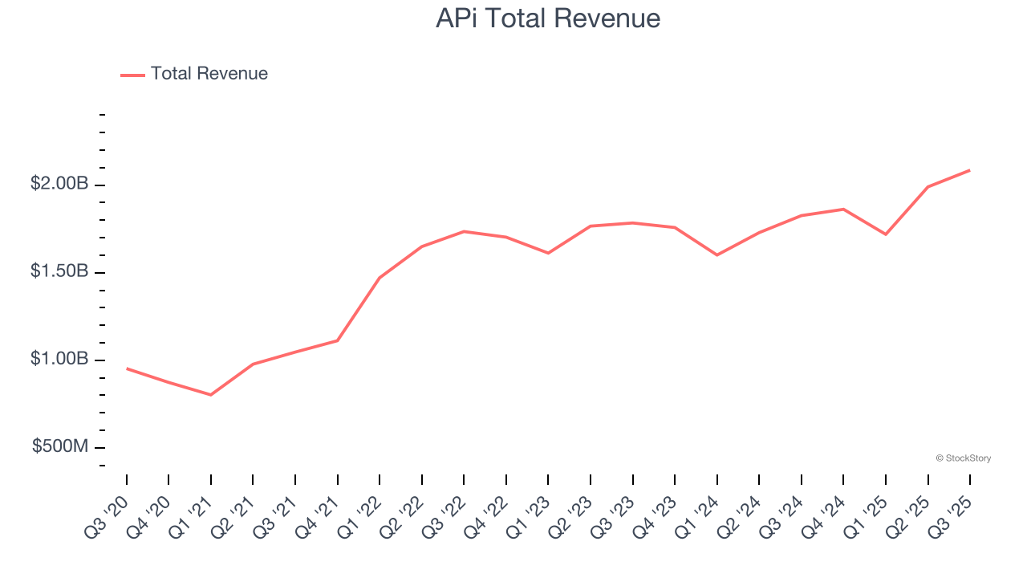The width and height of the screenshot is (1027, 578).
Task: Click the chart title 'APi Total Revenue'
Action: [x=548, y=18]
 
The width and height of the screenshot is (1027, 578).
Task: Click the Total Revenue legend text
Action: [x=209, y=74]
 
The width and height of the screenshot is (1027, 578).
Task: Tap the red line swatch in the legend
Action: [x=132, y=75]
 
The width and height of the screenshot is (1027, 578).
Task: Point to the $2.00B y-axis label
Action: [x=59, y=184]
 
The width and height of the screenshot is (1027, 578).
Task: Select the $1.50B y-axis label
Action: [x=59, y=271]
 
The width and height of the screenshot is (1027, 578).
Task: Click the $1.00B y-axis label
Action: [x=59, y=359]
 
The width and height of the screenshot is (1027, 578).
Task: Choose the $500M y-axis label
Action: [x=60, y=446]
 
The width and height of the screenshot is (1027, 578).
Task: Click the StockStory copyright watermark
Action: [x=963, y=458]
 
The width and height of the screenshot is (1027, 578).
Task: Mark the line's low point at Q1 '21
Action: [x=211, y=395]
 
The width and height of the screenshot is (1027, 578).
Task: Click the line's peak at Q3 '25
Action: [x=969, y=170]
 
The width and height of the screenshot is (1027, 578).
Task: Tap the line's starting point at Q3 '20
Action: [x=127, y=368]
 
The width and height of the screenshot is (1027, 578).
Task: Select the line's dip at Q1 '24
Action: [x=716, y=255]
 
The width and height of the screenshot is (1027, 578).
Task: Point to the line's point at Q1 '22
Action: [x=380, y=278]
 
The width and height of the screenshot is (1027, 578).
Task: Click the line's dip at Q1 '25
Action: [x=885, y=234]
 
